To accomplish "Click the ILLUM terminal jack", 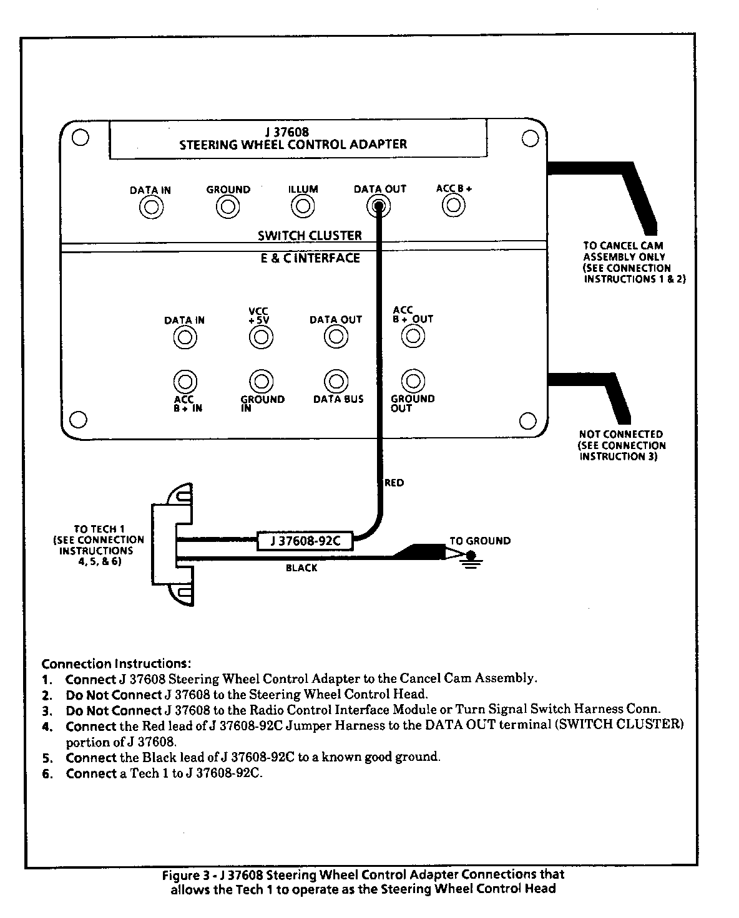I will [303, 206].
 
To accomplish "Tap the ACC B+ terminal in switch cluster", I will [454, 205].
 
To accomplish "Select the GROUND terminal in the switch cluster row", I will [228, 206].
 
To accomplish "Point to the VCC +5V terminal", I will [261, 337].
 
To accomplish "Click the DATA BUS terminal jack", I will [336, 380].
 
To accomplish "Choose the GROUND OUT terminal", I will [413, 380].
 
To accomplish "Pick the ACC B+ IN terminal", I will [185, 381].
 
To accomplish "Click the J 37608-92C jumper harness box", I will [305, 541].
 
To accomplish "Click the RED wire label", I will [394, 483].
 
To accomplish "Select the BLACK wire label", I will [301, 568].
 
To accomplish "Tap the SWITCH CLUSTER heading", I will [310, 236].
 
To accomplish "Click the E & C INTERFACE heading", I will [310, 258].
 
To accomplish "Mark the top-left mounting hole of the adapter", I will [79, 138].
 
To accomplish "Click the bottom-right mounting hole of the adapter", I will [527, 419].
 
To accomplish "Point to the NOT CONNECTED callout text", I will [620, 434].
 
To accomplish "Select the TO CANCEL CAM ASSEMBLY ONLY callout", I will [624, 251].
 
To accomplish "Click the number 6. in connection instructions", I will [47, 775].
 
